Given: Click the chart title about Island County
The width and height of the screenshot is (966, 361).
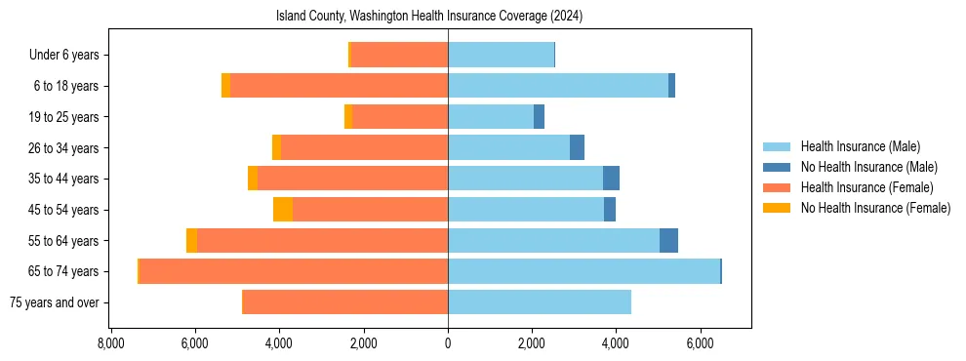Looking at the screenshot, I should pyautogui.click(x=429, y=16).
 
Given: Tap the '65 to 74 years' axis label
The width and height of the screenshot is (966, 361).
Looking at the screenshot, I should pyautogui.click(x=60, y=271).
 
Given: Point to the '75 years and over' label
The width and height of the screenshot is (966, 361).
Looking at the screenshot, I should pyautogui.click(x=54, y=302).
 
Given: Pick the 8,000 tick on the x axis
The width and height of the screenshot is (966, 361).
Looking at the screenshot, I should pyautogui.click(x=111, y=344).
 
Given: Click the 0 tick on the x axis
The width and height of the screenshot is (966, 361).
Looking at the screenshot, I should pyautogui.click(x=448, y=344).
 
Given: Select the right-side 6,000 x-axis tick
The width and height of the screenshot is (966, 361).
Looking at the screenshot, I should pyautogui.click(x=700, y=344).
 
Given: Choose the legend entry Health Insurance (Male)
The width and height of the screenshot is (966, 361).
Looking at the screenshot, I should pyautogui.click(x=860, y=147).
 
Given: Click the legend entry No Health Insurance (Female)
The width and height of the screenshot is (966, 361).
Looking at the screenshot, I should pyautogui.click(x=875, y=208).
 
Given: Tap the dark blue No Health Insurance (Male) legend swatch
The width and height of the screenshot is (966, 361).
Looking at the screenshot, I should pyautogui.click(x=778, y=168).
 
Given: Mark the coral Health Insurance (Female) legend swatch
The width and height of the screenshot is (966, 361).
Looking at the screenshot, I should pyautogui.click(x=778, y=187).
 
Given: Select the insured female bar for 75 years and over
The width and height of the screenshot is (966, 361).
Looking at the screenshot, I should pyautogui.click(x=345, y=302).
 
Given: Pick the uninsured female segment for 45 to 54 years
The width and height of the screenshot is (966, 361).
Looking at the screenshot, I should pyautogui.click(x=283, y=210).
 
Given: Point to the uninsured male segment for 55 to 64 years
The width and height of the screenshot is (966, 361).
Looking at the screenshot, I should pyautogui.click(x=668, y=241).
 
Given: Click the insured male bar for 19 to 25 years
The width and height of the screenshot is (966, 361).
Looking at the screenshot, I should pyautogui.click(x=491, y=117).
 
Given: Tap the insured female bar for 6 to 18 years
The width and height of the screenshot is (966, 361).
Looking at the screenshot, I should pyautogui.click(x=339, y=86).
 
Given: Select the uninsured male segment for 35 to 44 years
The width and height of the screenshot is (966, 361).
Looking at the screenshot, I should pyautogui.click(x=611, y=179).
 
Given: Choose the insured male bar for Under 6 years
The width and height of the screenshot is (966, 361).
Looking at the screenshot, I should pyautogui.click(x=501, y=55).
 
